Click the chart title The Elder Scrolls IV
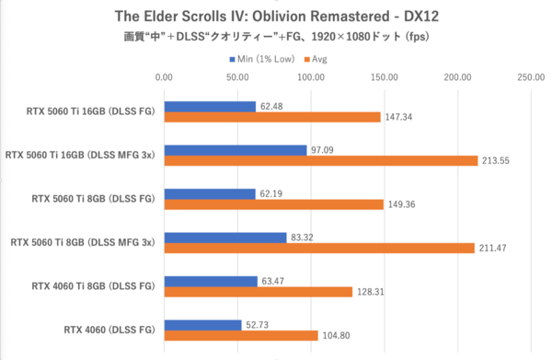click(x=275, y=16)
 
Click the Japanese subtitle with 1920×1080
click(x=275, y=37)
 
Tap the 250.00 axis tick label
click(x=530, y=77)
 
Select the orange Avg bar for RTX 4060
click(x=240, y=336)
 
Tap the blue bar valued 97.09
click(x=235, y=149)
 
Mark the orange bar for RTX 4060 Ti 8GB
click(x=258, y=292)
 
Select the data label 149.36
click(x=402, y=204)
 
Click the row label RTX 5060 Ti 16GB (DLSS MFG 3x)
click(x=80, y=155)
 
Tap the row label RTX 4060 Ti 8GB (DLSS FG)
click(x=90, y=285)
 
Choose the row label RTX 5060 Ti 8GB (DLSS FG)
click(x=90, y=198)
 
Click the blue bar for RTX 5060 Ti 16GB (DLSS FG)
click(x=210, y=106)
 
